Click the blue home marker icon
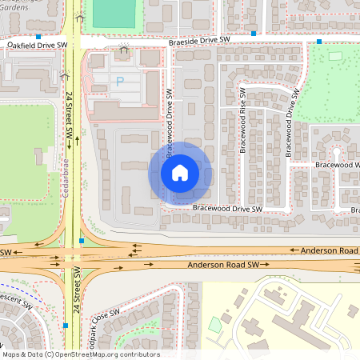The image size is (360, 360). (180, 172)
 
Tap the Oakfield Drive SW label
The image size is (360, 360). (38, 46)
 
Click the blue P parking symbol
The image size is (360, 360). (121, 81)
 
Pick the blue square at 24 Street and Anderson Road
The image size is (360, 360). (82, 240)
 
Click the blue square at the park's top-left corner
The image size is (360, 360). (319, 42)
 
